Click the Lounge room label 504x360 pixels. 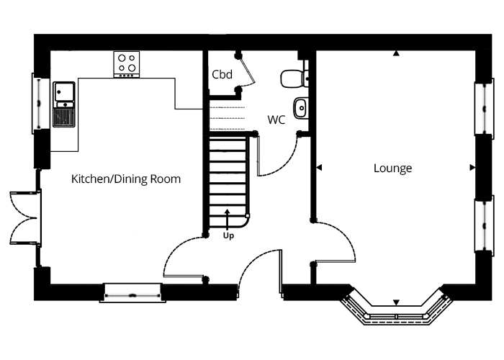(392, 168)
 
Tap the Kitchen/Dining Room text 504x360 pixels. (126, 179)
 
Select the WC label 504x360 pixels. (276, 120)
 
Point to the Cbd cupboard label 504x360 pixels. (222, 75)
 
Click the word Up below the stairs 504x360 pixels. (228, 235)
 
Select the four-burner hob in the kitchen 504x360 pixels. (126, 64)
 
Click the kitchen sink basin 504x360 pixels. (64, 91)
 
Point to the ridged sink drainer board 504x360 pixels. (64, 117)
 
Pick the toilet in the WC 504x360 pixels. (294, 78)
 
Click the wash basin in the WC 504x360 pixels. (300, 108)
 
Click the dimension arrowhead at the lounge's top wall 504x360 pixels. (396, 53)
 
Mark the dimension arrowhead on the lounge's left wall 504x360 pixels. (319, 168)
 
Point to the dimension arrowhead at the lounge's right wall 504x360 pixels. (472, 168)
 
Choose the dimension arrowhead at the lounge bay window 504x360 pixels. (396, 302)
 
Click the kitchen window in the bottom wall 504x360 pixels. (132, 293)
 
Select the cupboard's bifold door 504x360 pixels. (247, 71)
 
